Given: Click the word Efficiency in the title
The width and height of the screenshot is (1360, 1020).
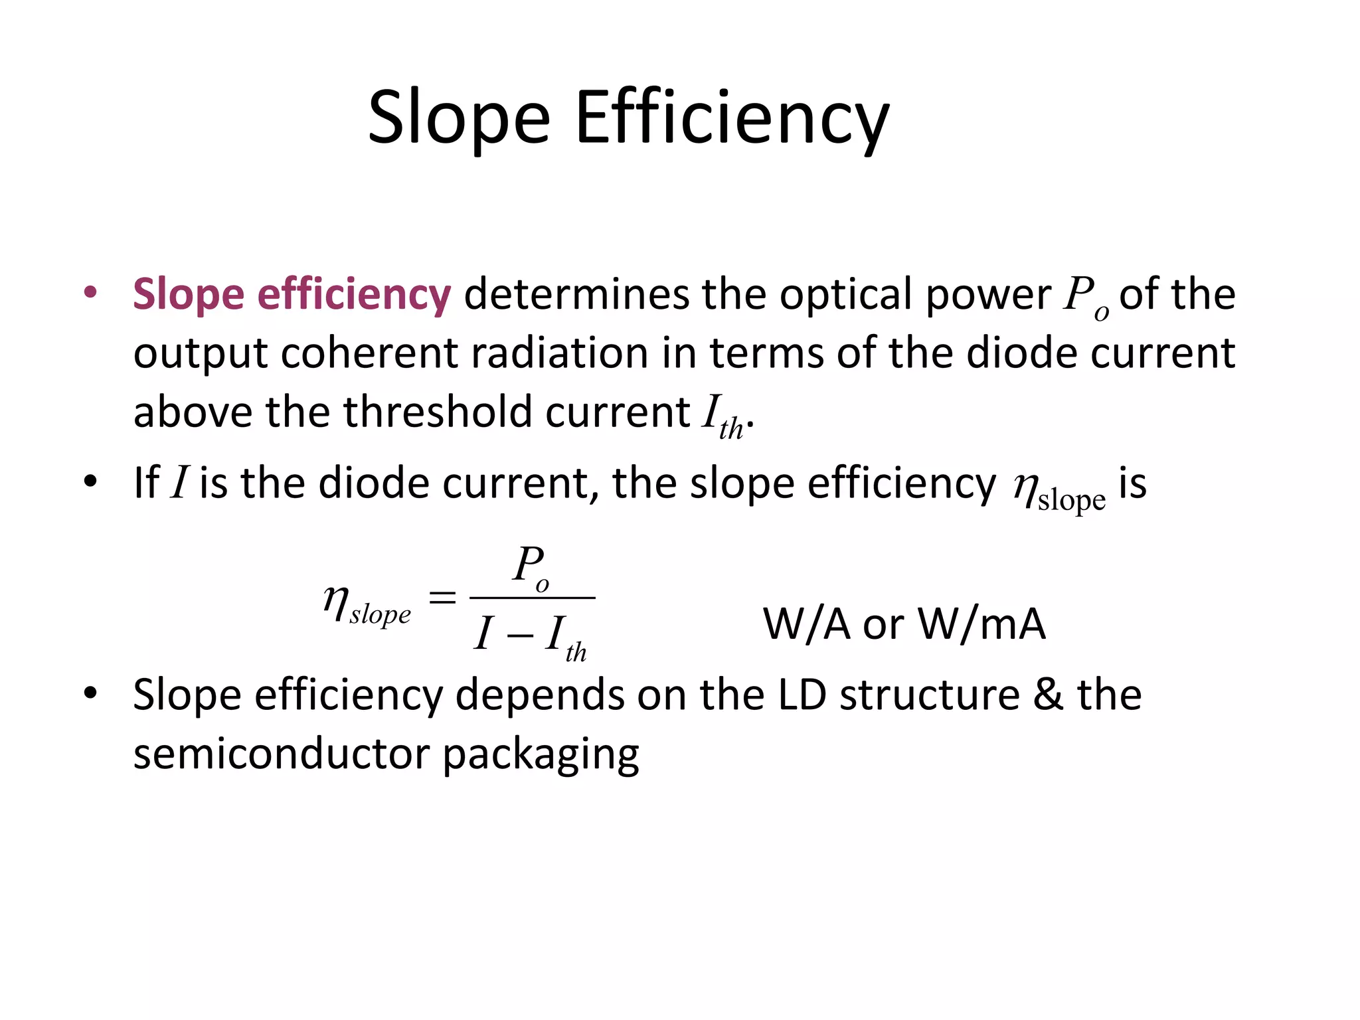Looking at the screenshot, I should [x=732, y=120].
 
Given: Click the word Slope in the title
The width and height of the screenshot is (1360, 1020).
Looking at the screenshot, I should [x=459, y=120].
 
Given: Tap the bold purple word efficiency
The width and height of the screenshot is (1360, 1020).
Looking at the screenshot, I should [x=354, y=294].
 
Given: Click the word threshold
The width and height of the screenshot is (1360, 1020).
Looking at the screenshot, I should [x=438, y=412].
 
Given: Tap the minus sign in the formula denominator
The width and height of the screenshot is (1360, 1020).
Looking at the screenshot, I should [x=519, y=636].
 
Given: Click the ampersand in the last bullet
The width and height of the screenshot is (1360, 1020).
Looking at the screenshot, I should [x=1048, y=695].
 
